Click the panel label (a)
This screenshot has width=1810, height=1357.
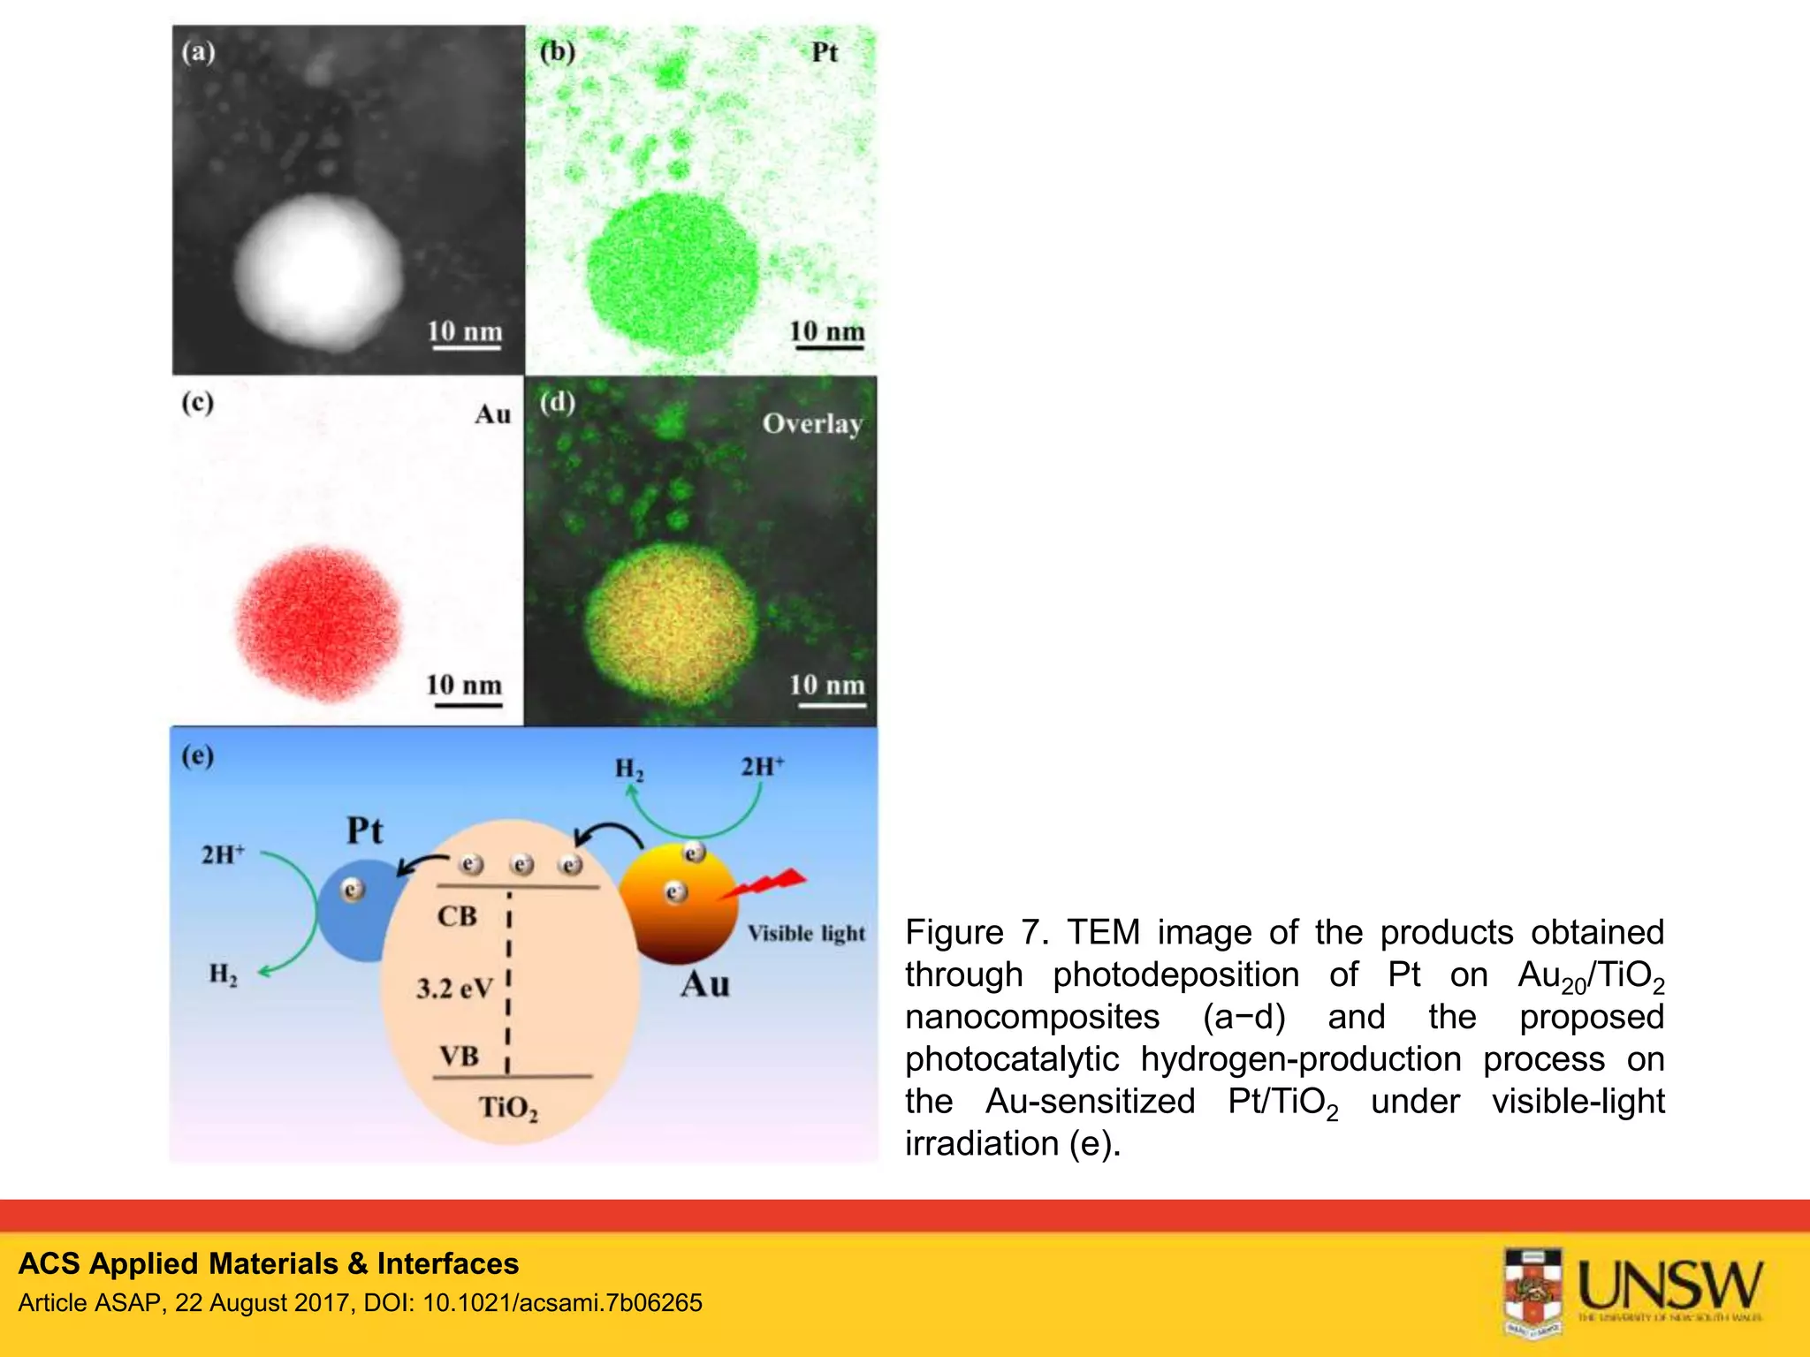(x=198, y=51)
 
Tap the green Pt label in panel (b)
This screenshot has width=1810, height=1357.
(x=824, y=53)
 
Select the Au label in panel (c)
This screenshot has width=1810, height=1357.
(x=492, y=414)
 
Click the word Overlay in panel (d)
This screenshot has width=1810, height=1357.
(x=812, y=424)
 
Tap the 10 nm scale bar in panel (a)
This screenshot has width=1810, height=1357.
(x=466, y=348)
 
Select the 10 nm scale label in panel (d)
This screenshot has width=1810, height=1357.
(x=826, y=685)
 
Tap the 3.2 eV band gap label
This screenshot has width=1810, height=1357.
(x=453, y=988)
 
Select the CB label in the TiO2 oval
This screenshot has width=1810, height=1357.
(x=457, y=916)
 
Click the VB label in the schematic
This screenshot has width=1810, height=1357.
(x=459, y=1056)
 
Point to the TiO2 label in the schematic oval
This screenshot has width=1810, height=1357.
(x=507, y=1108)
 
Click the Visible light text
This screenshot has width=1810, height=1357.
(x=806, y=934)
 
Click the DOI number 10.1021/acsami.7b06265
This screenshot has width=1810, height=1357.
(x=563, y=1303)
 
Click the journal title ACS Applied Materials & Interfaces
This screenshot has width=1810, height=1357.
(x=269, y=1263)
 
